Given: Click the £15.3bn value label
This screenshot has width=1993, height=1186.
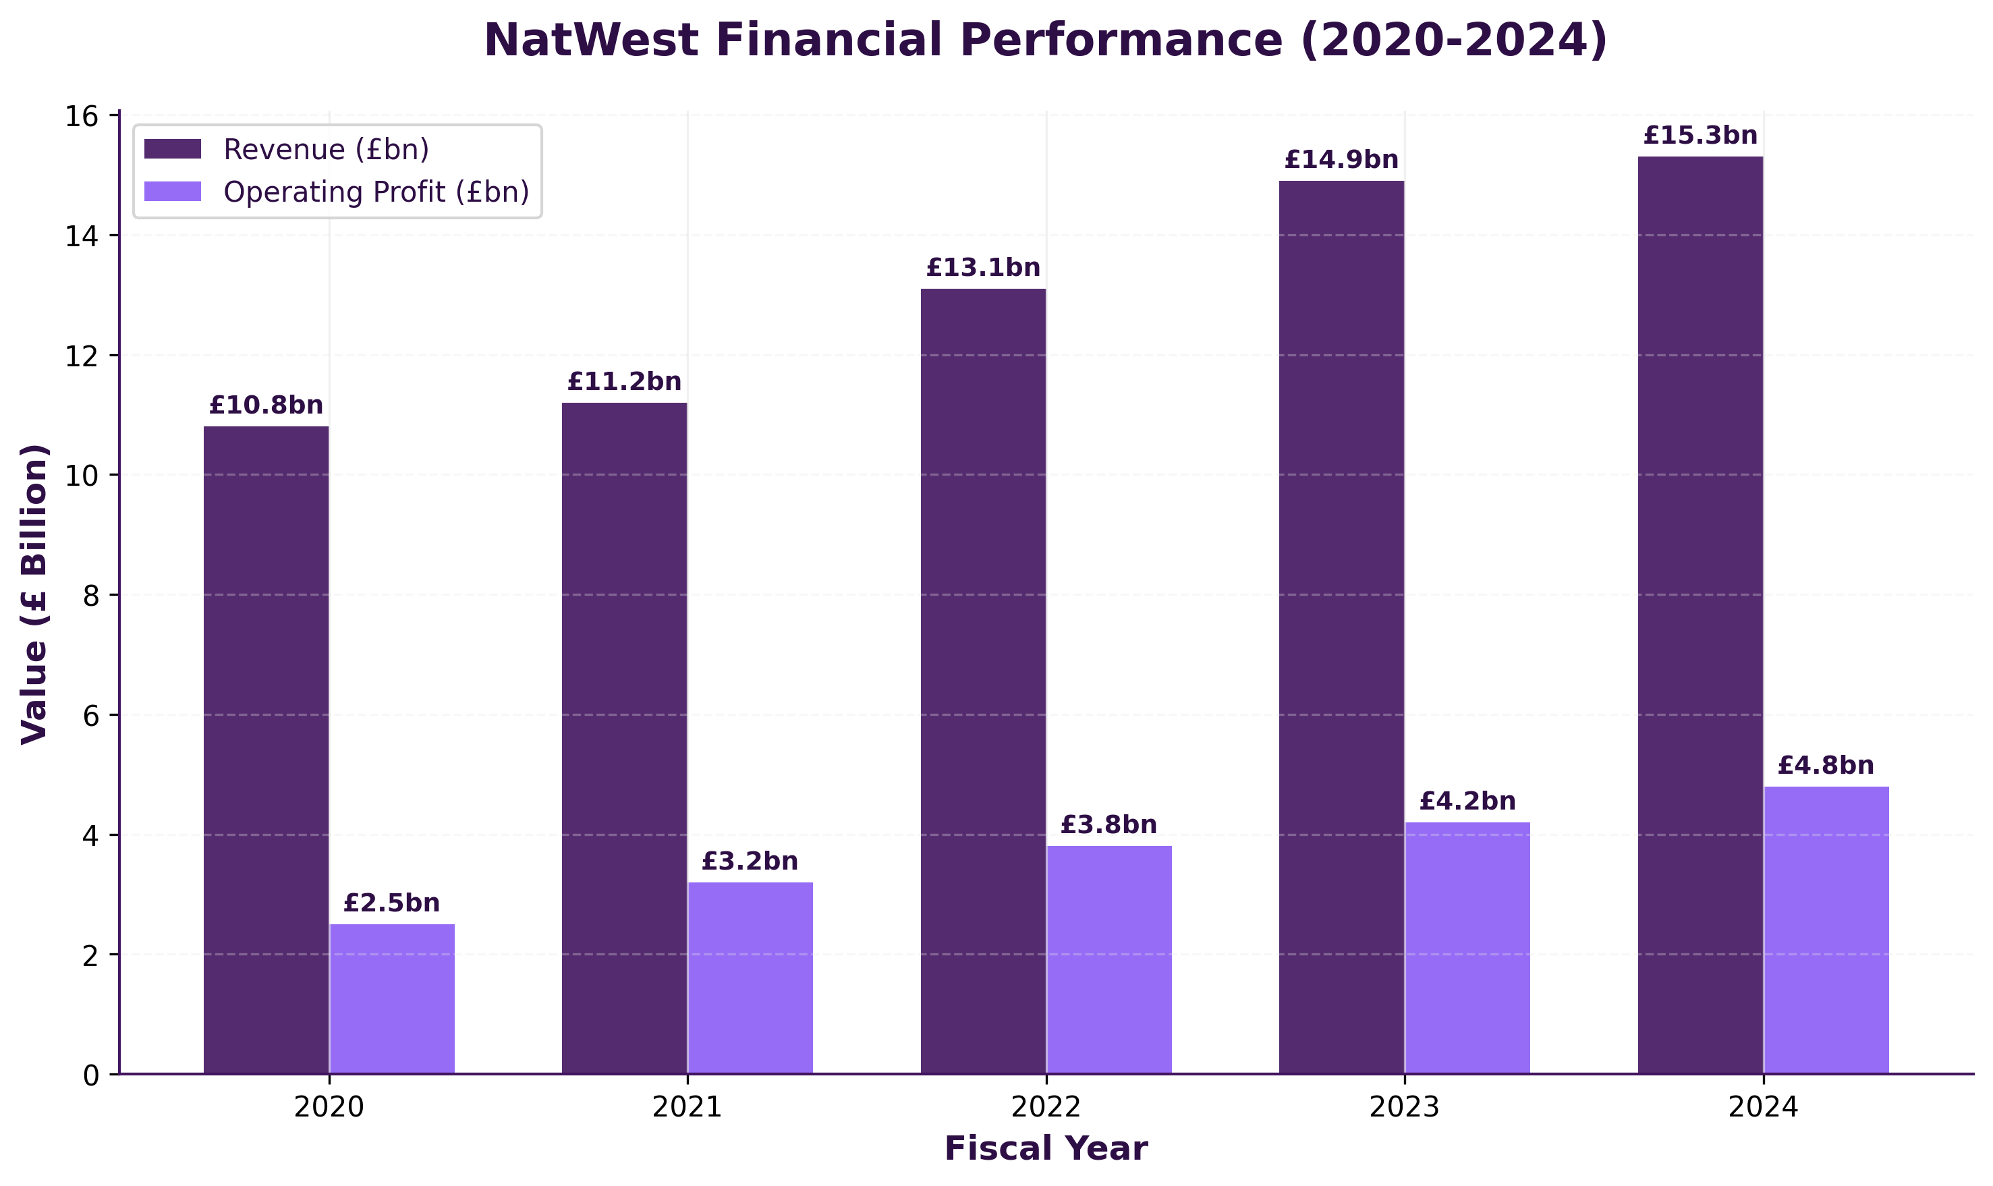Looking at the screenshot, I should pos(1700,136).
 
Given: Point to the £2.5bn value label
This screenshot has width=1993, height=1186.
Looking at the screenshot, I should pos(391,903).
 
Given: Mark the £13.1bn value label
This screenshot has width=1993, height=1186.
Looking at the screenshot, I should pos(983,268).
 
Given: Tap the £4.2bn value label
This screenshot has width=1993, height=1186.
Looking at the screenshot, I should pos(1467,801).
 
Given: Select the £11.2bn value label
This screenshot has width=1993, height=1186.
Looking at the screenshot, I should pos(624,382).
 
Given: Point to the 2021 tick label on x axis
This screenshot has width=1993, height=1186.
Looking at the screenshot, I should pos(687,1108).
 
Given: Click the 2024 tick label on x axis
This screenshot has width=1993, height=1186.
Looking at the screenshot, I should pos(1763,1108).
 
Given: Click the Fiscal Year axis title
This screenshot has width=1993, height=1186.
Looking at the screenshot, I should pos(1045,1150).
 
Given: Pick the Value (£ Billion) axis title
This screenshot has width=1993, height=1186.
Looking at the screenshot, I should pos(34,594).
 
